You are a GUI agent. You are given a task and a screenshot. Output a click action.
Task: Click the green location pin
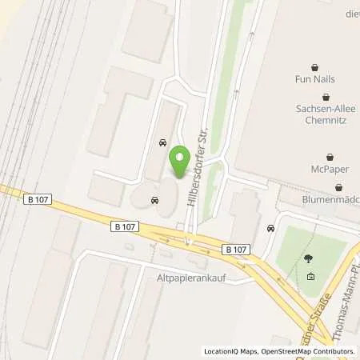[179, 156]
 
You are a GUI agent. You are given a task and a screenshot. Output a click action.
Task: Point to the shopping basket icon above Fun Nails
[313, 67]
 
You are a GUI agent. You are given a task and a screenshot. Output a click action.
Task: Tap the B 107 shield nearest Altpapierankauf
[125, 227]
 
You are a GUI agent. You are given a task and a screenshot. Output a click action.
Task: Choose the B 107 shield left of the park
[236, 250]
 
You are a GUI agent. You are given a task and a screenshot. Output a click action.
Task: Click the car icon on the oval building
[155, 200]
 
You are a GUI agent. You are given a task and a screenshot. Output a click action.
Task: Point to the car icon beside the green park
[271, 229]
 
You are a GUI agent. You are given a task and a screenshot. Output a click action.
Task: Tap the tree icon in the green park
[310, 258]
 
